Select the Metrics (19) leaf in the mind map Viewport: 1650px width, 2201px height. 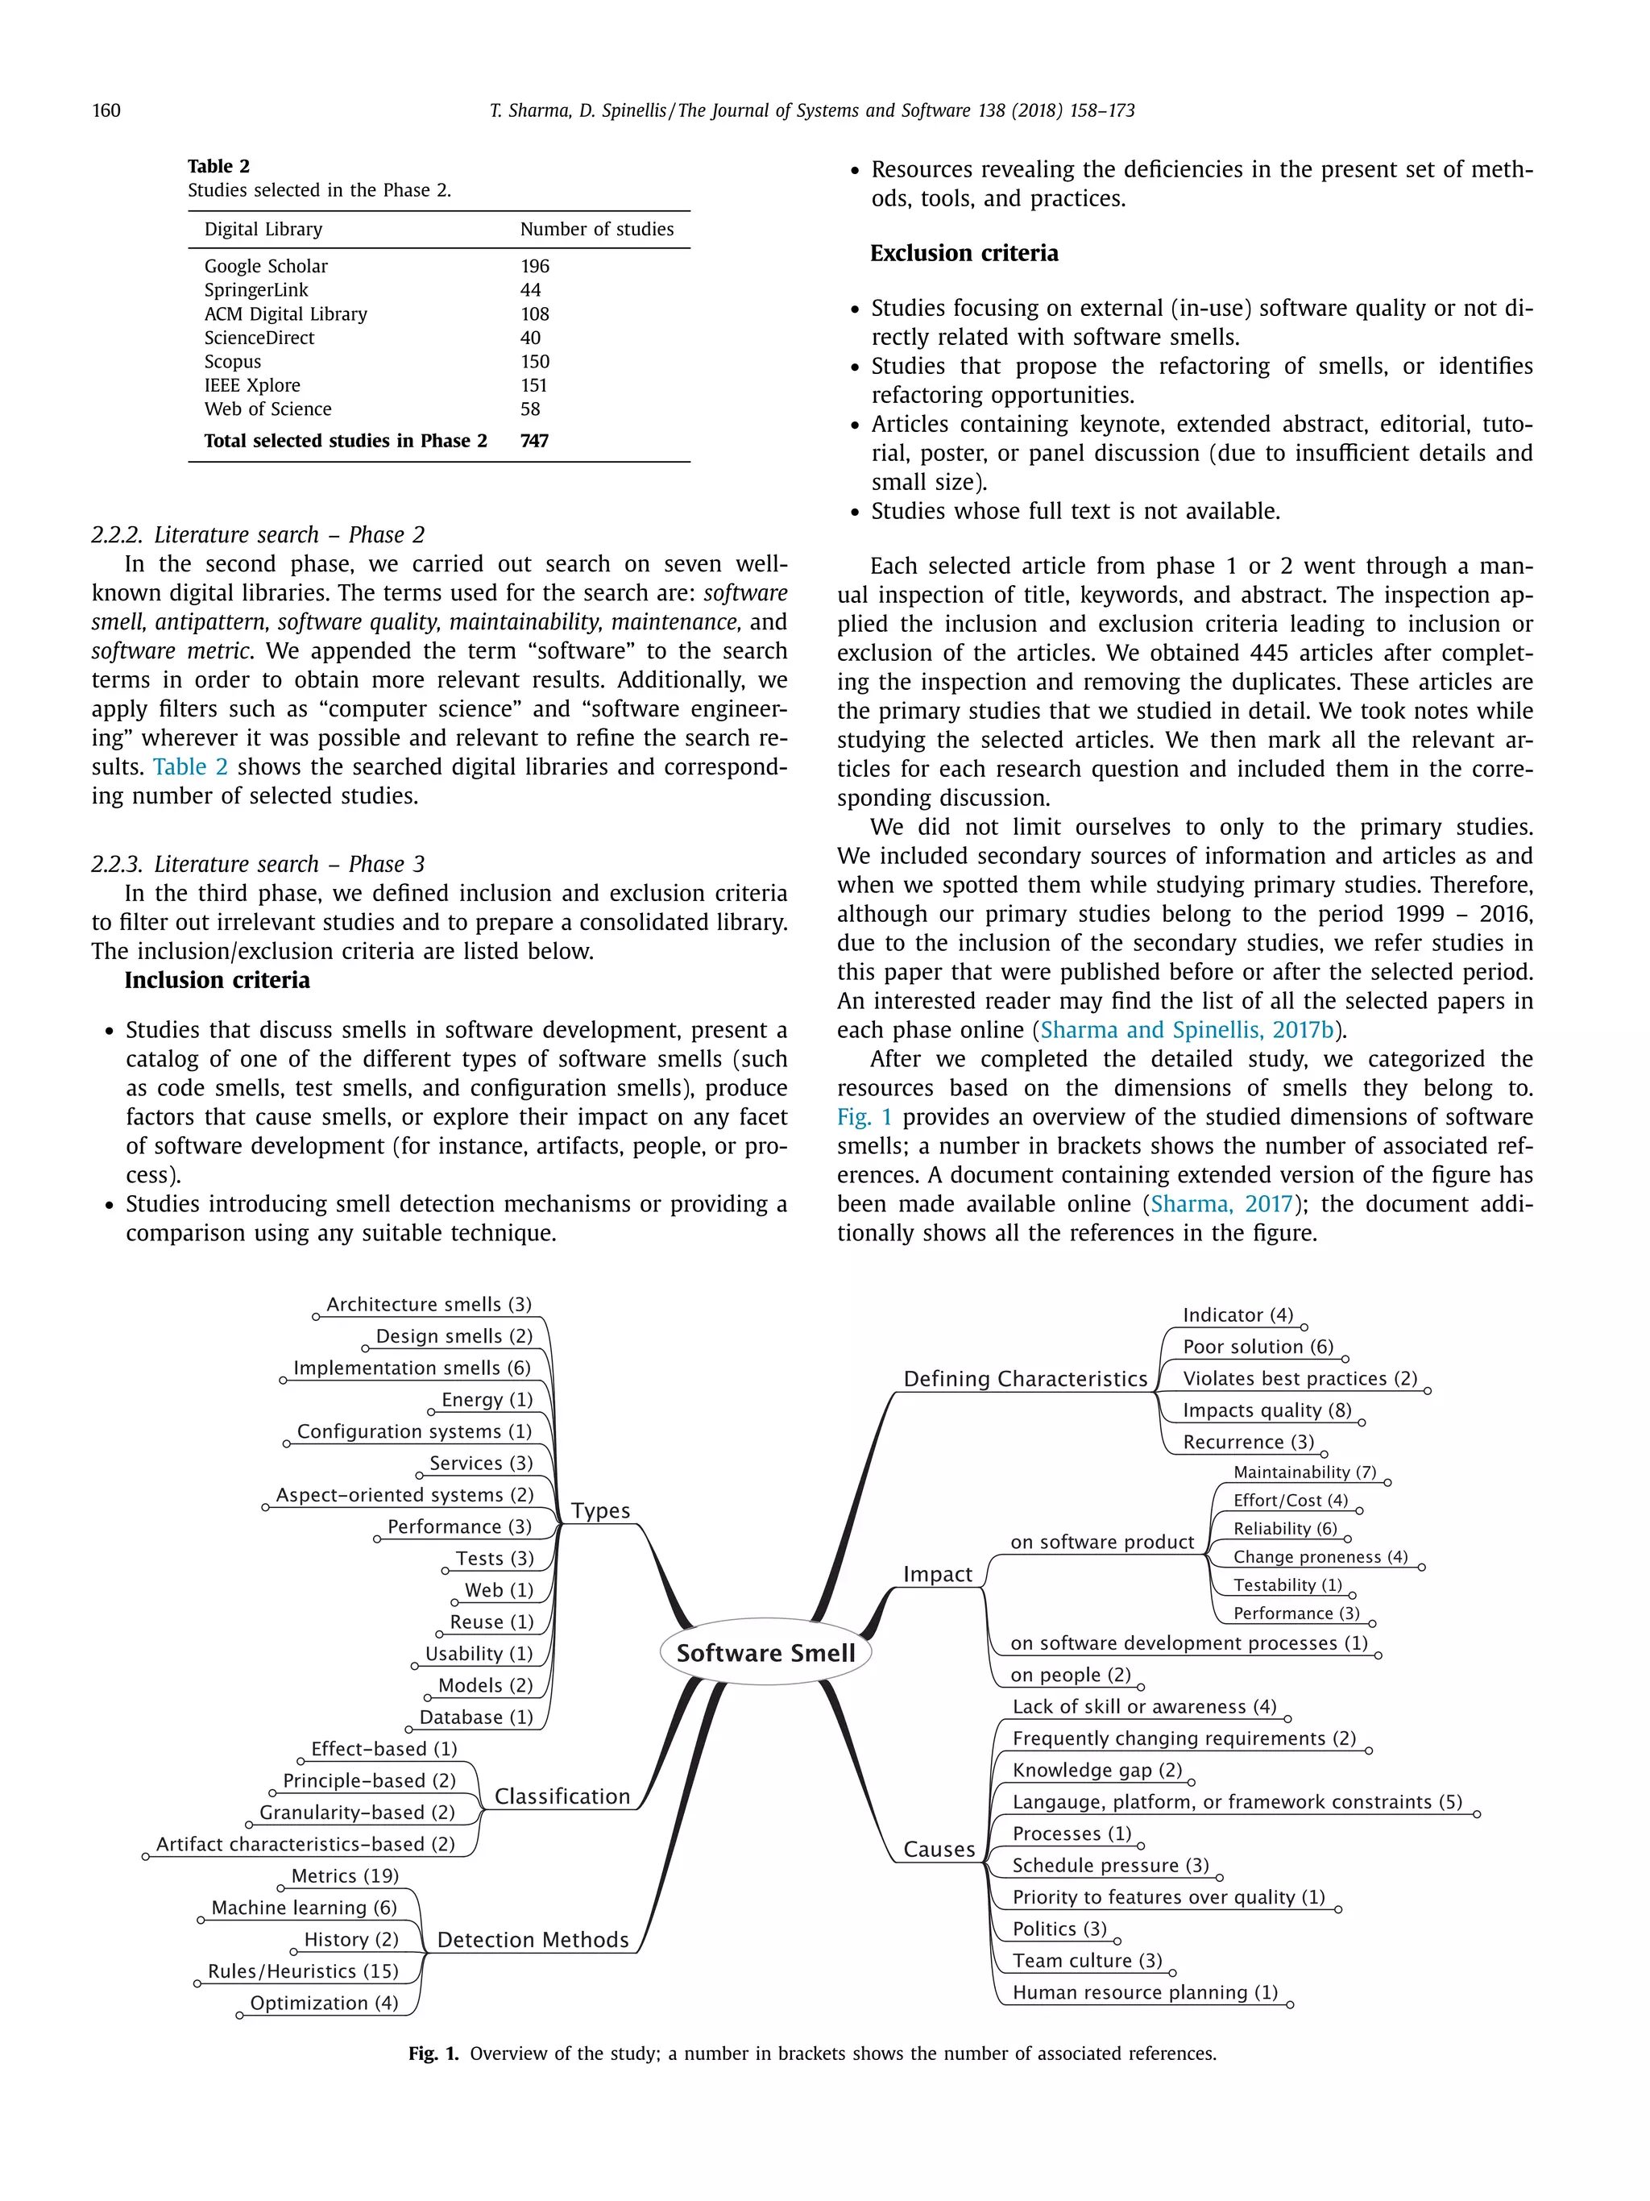pos(344,1875)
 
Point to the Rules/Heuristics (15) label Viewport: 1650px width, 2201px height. pos(302,1971)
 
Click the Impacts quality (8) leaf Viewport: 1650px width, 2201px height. pos(1266,1410)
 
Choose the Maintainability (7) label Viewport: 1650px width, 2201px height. pos(1304,1472)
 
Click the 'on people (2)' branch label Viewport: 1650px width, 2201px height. pos(1070,1675)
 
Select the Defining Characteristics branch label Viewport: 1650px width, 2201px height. pos(1025,1379)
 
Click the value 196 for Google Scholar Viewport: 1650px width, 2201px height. pos(534,266)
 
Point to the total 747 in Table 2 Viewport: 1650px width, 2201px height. pos(534,441)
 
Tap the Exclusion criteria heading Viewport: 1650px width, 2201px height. pos(963,253)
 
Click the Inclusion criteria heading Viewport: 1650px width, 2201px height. pos(217,980)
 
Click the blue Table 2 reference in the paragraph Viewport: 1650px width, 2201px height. pos(190,767)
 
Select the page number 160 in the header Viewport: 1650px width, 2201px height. pos(106,110)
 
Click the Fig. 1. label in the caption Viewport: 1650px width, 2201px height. pos(433,2054)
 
